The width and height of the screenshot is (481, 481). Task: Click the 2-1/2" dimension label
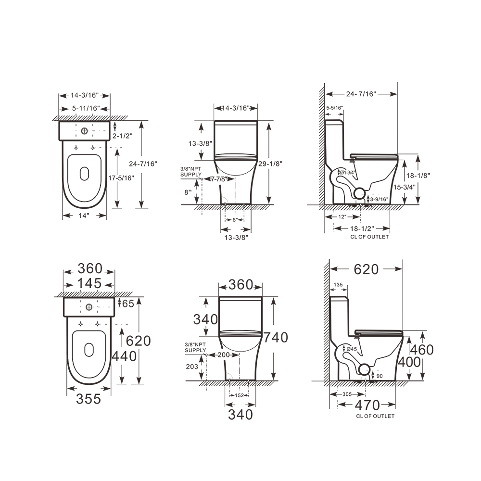click(122, 136)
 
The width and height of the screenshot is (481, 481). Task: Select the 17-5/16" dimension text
click(121, 178)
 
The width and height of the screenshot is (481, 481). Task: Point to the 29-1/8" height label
click(270, 164)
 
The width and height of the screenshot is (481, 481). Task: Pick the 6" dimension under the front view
click(235, 220)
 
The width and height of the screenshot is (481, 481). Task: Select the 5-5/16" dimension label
click(334, 108)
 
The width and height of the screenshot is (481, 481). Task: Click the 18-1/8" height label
click(418, 176)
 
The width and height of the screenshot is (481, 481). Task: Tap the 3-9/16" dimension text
click(379, 200)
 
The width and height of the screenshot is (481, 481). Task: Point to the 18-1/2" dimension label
click(362, 228)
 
